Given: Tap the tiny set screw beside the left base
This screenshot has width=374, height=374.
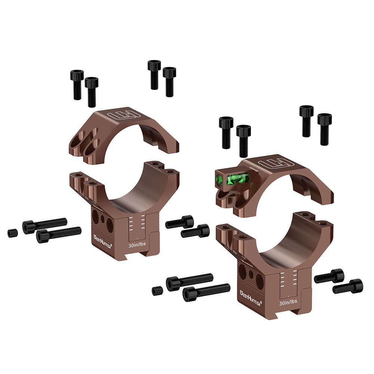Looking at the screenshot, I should point(12,233).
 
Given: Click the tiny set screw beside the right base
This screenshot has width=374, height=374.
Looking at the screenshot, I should point(157,290).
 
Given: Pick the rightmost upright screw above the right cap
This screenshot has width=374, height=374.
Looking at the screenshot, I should point(325,129).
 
